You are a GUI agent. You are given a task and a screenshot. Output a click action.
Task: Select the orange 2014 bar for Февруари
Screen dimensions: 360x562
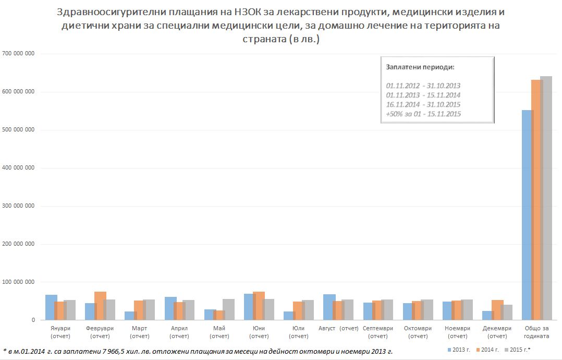(x=100, y=306)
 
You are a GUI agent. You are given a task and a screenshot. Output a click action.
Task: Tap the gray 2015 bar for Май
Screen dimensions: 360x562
(x=228, y=309)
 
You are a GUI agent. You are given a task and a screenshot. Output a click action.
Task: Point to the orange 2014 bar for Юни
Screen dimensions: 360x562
(x=259, y=306)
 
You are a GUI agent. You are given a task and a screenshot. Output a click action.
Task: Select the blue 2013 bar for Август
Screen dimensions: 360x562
(x=328, y=307)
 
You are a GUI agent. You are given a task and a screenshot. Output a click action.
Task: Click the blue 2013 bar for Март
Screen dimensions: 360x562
(x=129, y=316)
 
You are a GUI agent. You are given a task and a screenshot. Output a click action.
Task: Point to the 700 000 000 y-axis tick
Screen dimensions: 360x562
(x=19, y=54)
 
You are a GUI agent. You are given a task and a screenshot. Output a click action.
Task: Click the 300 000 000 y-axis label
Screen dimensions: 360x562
(x=19, y=206)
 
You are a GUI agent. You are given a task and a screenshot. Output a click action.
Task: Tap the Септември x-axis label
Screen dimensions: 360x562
(x=378, y=332)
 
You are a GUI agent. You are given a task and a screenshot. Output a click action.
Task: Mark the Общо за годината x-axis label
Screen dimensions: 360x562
(x=536, y=332)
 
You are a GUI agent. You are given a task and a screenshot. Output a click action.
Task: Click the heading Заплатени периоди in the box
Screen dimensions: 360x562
(x=420, y=68)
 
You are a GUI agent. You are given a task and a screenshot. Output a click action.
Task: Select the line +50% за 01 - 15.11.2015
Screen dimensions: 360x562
(x=423, y=114)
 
